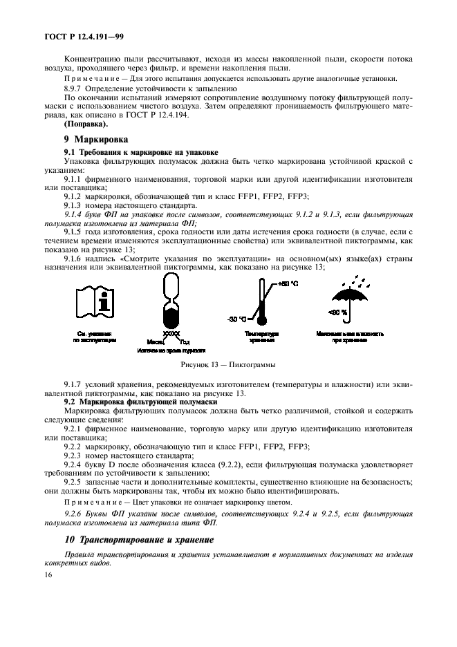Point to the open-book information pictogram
pyautogui.click(x=94, y=306)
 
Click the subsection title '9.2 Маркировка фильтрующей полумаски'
pyautogui.click(x=141, y=401)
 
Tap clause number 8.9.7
pyautogui.click(x=74, y=88)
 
